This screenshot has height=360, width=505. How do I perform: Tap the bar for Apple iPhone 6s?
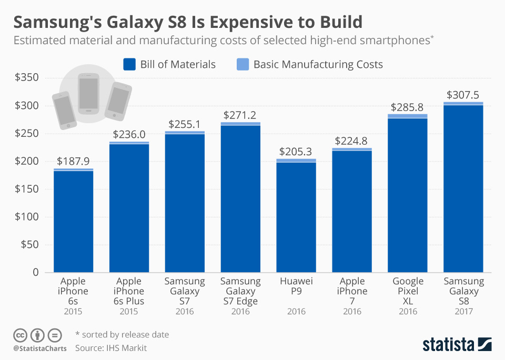click(x=73, y=221)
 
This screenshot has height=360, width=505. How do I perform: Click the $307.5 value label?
click(x=463, y=95)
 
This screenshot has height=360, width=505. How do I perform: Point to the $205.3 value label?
click(x=296, y=152)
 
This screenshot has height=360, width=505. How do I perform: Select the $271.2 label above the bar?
click(x=240, y=115)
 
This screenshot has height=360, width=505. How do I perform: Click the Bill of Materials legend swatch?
click(x=129, y=65)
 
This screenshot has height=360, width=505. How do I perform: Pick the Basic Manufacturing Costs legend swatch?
click(x=243, y=65)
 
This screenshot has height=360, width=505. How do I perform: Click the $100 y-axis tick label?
click(x=26, y=217)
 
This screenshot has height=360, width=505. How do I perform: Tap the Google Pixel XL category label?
click(x=408, y=291)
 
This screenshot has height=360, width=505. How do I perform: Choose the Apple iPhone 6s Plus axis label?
click(x=129, y=291)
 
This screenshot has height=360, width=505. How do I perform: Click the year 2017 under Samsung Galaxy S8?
click(x=463, y=312)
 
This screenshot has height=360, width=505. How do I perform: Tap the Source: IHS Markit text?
click(x=111, y=348)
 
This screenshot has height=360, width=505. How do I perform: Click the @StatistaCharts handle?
click(x=40, y=348)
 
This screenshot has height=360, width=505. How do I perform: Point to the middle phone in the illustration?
click(x=88, y=93)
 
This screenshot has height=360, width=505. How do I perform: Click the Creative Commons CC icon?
click(x=20, y=335)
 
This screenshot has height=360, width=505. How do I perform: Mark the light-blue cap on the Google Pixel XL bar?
click(x=408, y=116)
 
